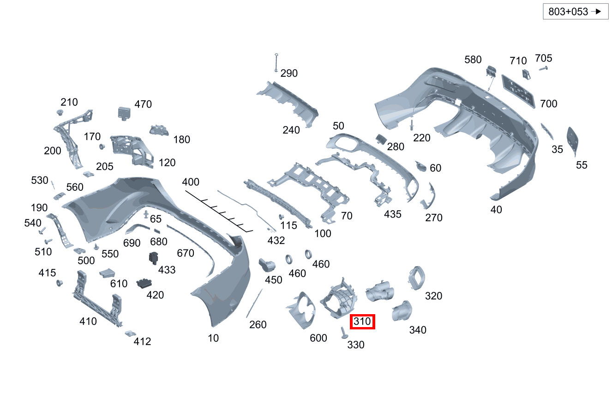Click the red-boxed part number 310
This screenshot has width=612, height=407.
point(362,322)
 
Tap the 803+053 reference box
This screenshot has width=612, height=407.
point(576,12)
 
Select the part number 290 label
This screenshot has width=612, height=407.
point(289,73)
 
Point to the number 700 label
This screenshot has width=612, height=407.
point(549,103)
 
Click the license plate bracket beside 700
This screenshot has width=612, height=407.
point(518,91)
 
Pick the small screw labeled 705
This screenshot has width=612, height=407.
point(543,68)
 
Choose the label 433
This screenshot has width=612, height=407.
point(167,270)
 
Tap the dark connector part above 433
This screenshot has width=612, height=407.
point(154,258)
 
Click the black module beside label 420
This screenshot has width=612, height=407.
point(144,283)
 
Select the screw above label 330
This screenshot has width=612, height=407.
point(344,333)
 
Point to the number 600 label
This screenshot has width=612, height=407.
point(318,338)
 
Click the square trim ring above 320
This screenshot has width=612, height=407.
point(417,278)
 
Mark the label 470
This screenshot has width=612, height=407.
point(143,104)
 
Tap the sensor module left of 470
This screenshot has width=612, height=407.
point(124,114)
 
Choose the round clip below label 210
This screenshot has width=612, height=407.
point(60,112)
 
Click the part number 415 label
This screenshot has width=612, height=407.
point(47,273)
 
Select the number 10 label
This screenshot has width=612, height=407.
point(213,338)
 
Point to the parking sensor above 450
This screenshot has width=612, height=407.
point(267,265)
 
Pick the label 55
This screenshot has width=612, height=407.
point(582,165)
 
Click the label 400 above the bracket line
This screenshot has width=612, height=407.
point(191,182)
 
